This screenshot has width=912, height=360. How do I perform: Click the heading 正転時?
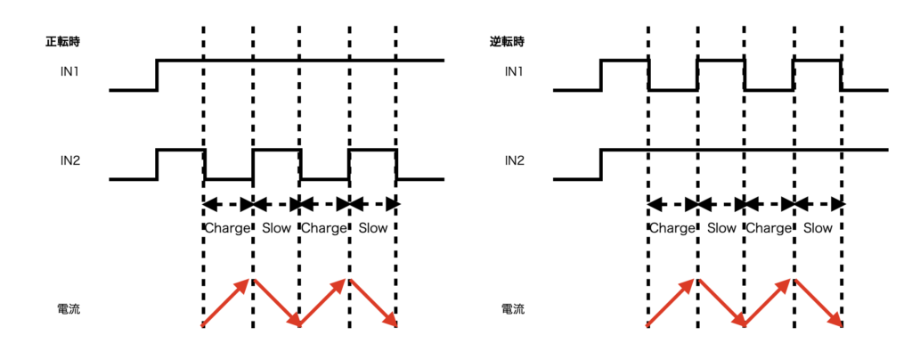tap(64, 41)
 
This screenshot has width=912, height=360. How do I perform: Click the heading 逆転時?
tap(507, 41)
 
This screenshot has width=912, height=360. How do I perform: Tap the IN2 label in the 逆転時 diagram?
tap(514, 160)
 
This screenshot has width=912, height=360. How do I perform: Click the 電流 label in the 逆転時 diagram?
tap(513, 310)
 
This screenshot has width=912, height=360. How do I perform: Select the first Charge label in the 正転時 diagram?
tap(228, 228)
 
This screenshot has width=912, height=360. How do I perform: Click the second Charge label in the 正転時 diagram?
tap(323, 228)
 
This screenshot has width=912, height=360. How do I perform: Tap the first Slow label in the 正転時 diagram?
tap(277, 228)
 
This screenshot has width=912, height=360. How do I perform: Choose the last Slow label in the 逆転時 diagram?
tap(818, 228)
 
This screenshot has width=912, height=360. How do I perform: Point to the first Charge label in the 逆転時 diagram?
tap(672, 228)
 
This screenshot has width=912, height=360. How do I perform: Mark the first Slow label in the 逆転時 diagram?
tap(721, 228)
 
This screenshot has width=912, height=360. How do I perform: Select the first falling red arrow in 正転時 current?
tap(276, 303)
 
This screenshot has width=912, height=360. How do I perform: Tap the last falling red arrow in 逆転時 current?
tap(818, 303)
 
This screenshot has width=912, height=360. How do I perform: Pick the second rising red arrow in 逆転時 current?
tap(769, 303)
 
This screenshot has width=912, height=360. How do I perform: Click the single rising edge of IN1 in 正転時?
tap(157, 75)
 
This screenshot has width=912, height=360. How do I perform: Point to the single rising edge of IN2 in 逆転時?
tap(601, 164)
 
